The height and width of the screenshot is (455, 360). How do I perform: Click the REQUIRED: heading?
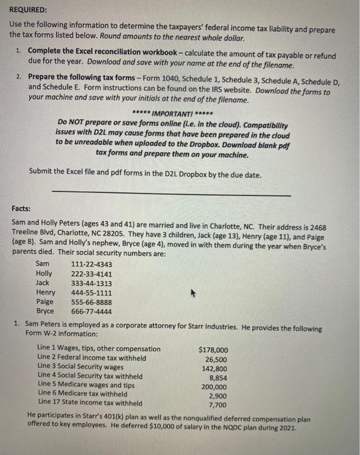point(29,10)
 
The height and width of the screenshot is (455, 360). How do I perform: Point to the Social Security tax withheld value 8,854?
point(218,376)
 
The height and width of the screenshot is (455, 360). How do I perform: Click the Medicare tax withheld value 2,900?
point(218,395)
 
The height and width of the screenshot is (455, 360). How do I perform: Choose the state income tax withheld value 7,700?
point(218,404)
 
